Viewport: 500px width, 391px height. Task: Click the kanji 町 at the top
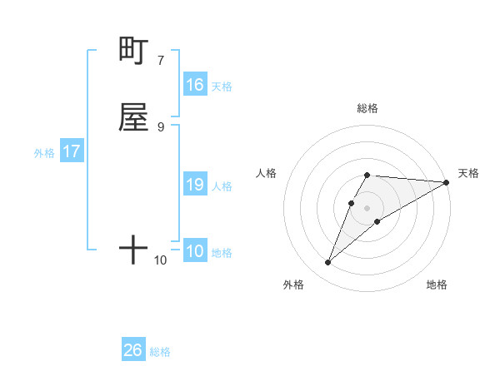pyautogui.click(x=133, y=51)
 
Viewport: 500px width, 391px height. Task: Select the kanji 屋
pyautogui.click(x=133, y=117)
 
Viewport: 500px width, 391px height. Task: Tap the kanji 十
pyautogui.click(x=133, y=249)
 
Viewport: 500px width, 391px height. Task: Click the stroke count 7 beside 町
pyautogui.click(x=161, y=60)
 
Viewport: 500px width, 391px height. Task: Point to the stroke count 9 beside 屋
pyautogui.click(x=161, y=126)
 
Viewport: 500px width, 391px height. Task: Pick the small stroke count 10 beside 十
pyautogui.click(x=161, y=260)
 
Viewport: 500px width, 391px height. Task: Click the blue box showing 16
pyautogui.click(x=195, y=85)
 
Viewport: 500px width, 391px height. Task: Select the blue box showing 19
pyautogui.click(x=195, y=185)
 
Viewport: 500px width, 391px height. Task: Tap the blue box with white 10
pyautogui.click(x=195, y=251)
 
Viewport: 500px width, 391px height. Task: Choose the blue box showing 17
pyautogui.click(x=72, y=151)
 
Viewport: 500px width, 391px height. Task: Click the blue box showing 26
pyautogui.click(x=133, y=350)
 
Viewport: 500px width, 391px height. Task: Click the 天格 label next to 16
pyautogui.click(x=222, y=86)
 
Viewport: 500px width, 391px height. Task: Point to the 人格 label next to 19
pyautogui.click(x=222, y=186)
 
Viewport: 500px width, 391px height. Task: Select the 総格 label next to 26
pyautogui.click(x=160, y=352)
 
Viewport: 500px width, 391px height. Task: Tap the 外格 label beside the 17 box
pyautogui.click(x=44, y=153)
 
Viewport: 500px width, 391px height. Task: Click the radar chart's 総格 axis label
pyautogui.click(x=367, y=108)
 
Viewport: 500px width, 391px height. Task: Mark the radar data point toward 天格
pyautogui.click(x=446, y=182)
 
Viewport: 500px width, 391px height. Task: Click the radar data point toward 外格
pyautogui.click(x=327, y=263)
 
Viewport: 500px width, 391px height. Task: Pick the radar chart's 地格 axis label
pyautogui.click(x=437, y=285)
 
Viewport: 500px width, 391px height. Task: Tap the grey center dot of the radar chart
pyautogui.click(x=367, y=208)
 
